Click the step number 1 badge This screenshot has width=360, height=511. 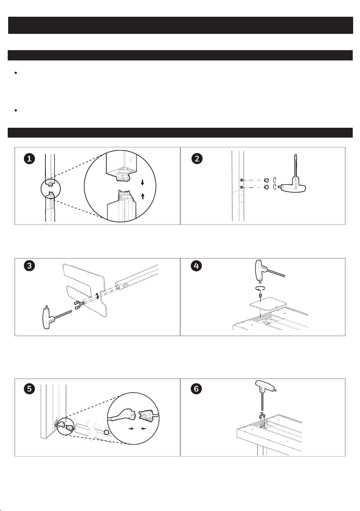tap(29, 159)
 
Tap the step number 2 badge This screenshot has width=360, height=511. tap(197, 159)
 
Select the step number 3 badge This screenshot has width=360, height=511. tap(29, 266)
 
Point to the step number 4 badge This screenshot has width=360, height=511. tap(196, 266)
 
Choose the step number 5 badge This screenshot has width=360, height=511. tap(29, 388)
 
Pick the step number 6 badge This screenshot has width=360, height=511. tap(196, 388)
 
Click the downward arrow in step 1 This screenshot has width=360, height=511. tap(142, 183)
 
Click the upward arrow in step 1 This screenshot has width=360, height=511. tap(143, 196)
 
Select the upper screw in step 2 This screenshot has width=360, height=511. tap(267, 180)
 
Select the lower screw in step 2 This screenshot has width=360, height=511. tap(267, 187)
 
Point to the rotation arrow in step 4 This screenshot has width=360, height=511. tap(260, 288)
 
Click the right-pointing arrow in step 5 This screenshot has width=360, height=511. tap(131, 429)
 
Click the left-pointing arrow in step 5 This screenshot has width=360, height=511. tap(143, 429)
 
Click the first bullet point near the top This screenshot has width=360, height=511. tap(15, 73)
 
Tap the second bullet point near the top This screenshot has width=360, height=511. tap(15, 111)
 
